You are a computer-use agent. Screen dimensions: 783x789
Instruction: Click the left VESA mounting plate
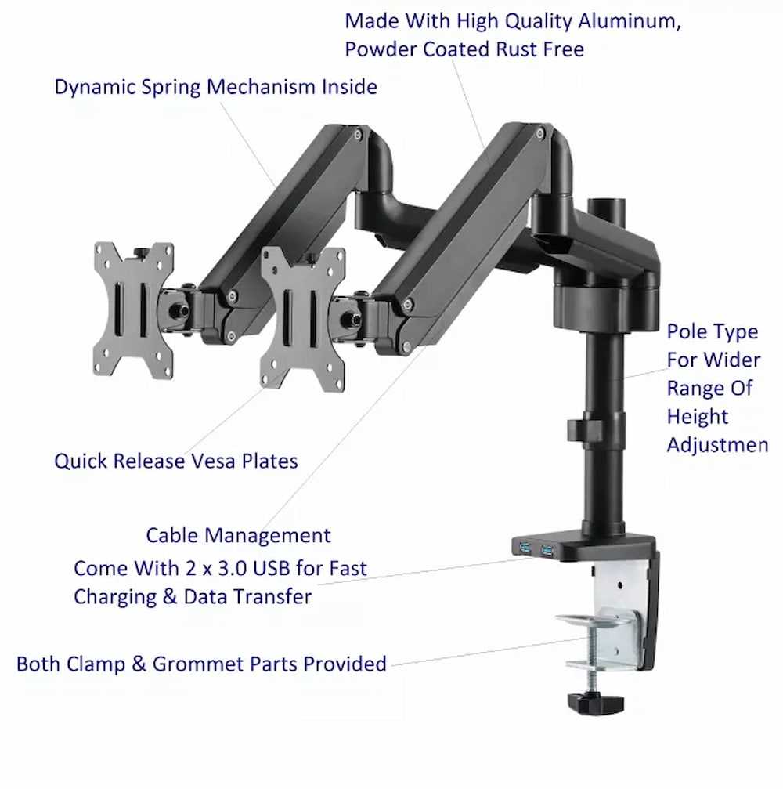pos(133,311)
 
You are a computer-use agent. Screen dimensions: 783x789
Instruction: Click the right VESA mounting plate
pos(302,319)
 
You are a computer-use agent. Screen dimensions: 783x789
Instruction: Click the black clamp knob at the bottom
pos(595,704)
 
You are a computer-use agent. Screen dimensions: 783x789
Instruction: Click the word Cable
pos(172,535)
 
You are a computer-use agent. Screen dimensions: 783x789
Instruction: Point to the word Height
pos(698,417)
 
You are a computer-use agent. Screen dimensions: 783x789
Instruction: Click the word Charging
pos(115,598)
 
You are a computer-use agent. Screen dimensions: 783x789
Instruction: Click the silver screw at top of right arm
pos(540,134)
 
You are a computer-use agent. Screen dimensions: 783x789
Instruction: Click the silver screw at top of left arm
pos(358,134)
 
